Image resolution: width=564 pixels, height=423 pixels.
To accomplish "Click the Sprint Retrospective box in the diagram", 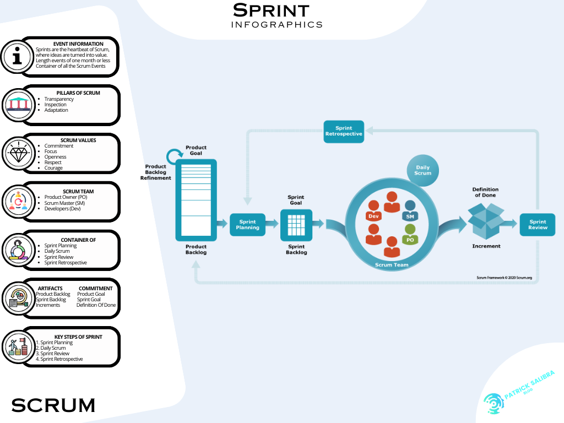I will pos(344,131).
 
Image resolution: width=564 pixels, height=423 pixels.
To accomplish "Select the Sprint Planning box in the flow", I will pos(247,224).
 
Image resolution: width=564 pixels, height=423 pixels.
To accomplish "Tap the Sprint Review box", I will pos(538,225).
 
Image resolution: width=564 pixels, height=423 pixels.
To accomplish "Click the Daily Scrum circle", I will pos(423,170).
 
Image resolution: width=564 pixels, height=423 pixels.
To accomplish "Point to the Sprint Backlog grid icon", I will pos(296,224).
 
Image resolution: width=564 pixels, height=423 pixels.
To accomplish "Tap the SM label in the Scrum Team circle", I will pos(410,216).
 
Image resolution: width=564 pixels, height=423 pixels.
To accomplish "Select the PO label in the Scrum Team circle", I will pos(410,240).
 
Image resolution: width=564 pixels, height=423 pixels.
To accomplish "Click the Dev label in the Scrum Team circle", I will pos(373,216).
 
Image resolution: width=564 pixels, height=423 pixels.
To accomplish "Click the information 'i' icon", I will pos(18,57).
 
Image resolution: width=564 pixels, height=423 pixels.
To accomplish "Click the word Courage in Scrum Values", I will pos(53,168).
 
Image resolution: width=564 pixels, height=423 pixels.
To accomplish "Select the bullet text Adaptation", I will pos(56,110).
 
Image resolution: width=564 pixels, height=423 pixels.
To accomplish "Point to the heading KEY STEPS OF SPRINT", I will pos(78,337).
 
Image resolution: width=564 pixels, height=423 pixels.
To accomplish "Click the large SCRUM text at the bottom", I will pos(53,405).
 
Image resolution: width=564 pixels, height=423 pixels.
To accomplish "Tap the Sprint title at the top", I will pos(271,10).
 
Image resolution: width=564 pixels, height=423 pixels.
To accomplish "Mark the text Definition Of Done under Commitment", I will pos(96,305).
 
